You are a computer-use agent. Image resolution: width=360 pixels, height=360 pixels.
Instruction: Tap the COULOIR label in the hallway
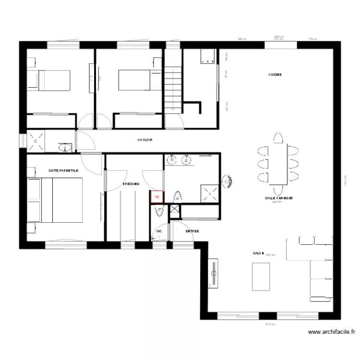pyautogui.click(x=144, y=140)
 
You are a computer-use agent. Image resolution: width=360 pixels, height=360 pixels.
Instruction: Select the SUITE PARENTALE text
pyautogui.click(x=63, y=170)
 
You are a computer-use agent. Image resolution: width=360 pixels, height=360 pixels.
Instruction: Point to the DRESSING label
pyautogui.click(x=131, y=184)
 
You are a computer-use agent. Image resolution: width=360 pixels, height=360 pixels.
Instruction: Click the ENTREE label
pyautogui.click(x=192, y=231)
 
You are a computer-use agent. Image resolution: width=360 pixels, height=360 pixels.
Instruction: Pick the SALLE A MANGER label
pyautogui.click(x=279, y=198)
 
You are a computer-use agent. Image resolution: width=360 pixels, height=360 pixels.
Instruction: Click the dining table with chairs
pyautogui.click(x=279, y=164)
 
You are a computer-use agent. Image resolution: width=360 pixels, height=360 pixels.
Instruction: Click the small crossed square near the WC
pyautogui.click(x=174, y=209)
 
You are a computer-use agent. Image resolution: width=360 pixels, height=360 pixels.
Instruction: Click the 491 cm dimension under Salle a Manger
pyautogui.click(x=276, y=202)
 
